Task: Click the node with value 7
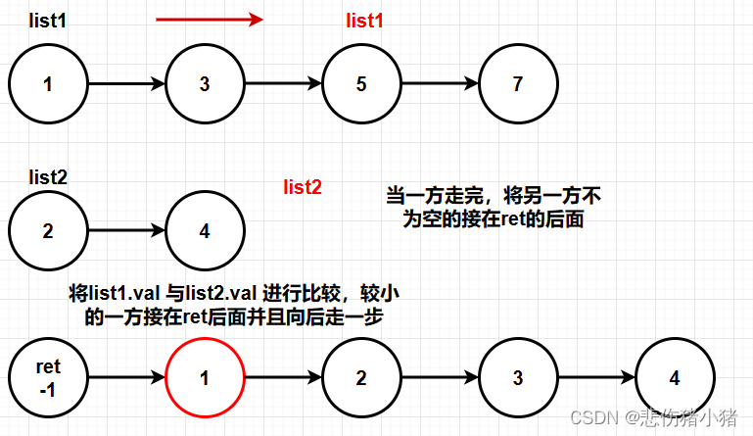[x=518, y=84]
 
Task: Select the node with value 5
[x=361, y=84]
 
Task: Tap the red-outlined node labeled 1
[x=205, y=378]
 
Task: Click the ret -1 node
[x=48, y=378]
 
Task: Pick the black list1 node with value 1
[x=48, y=84]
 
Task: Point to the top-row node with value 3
[x=205, y=84]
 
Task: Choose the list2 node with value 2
[x=48, y=232]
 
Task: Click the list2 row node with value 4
[x=205, y=232]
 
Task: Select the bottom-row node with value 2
[x=361, y=378]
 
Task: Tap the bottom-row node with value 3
[x=518, y=378]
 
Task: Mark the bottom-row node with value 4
[x=675, y=378]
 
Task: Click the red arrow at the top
[x=210, y=19]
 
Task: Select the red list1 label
[x=365, y=21]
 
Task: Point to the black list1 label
[x=47, y=21]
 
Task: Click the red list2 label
[x=303, y=186]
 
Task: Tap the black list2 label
[x=47, y=177]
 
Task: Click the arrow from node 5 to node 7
[x=440, y=84]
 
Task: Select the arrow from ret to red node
[x=126, y=378]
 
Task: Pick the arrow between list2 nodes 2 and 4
[x=126, y=232]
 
